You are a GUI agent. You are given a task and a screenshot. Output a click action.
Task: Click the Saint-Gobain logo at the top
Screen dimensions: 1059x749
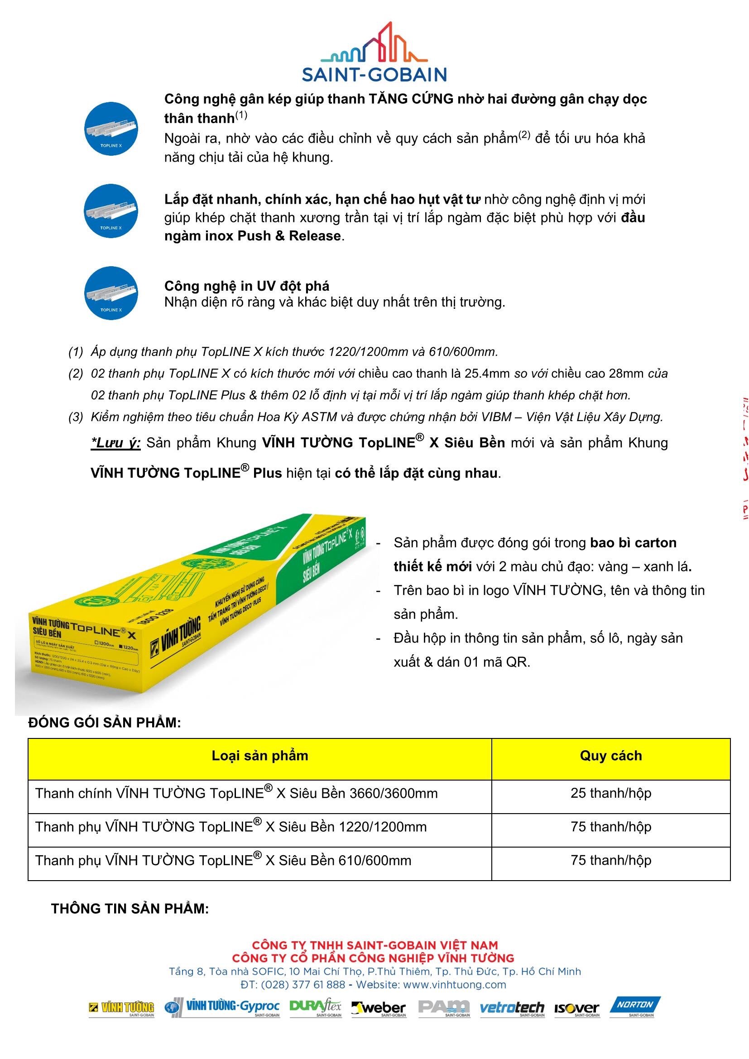[374, 52]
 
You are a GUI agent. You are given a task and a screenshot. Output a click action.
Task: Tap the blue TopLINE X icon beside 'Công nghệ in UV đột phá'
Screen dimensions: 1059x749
[110, 292]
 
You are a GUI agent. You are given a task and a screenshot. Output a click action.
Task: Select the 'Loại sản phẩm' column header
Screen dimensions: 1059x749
[259, 756]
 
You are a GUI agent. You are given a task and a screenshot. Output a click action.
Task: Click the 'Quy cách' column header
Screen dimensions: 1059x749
[610, 756]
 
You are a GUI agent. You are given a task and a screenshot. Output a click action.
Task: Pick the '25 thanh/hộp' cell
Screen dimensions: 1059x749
[610, 793]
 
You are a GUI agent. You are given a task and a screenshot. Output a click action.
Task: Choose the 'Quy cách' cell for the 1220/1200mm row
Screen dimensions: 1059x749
[610, 827]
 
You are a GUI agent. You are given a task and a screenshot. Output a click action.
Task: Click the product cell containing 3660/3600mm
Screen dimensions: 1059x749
[236, 793]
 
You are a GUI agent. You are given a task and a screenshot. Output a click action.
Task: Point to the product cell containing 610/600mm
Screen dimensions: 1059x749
[223, 861]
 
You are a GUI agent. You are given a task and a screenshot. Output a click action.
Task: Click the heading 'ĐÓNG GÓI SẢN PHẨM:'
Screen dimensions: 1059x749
[105, 722]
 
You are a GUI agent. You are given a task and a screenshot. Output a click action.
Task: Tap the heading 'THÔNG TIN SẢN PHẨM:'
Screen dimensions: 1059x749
[130, 909]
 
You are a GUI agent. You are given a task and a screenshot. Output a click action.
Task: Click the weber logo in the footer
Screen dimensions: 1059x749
[379, 1009]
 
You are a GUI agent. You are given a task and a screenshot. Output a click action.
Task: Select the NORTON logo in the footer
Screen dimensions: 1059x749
[635, 1007]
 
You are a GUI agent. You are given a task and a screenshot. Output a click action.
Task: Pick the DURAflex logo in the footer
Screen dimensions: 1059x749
[316, 1008]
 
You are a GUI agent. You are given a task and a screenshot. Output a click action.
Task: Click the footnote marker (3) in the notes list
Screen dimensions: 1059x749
[76, 417]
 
